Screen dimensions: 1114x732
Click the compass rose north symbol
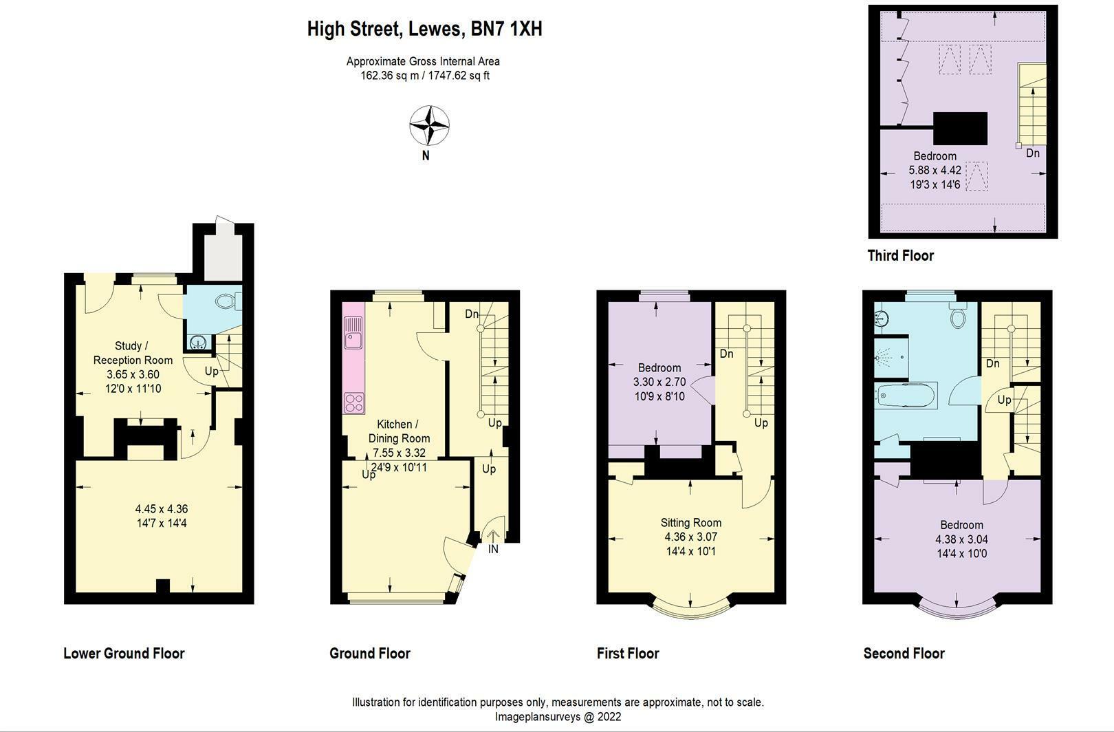click(430, 126)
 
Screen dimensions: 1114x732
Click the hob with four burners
click(355, 402)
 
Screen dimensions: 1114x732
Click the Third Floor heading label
click(900, 256)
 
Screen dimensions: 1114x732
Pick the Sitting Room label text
click(691, 523)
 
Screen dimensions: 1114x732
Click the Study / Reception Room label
click(133, 353)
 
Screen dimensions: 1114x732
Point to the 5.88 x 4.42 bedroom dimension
click(935, 170)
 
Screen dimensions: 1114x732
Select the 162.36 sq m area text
click(390, 76)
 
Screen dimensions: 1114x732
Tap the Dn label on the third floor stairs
click(1032, 153)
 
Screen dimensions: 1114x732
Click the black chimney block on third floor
click(960, 129)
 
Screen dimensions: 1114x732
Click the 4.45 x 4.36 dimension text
click(162, 509)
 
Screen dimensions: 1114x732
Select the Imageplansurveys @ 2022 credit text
click(558, 717)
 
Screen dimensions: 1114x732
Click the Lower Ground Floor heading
click(124, 654)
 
